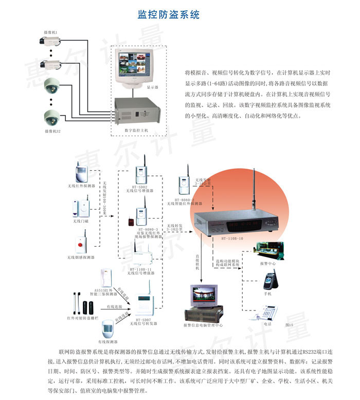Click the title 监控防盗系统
pyautogui.click(x=169, y=14)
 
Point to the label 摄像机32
pyautogui.click(x=52, y=131)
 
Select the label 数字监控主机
pyautogui.click(x=136, y=131)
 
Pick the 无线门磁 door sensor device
pyautogui.click(x=82, y=207)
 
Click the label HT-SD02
pyautogui.click(x=139, y=187)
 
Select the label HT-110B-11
pyautogui.click(x=140, y=269)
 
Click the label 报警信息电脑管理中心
pyautogui.click(x=203, y=325)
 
